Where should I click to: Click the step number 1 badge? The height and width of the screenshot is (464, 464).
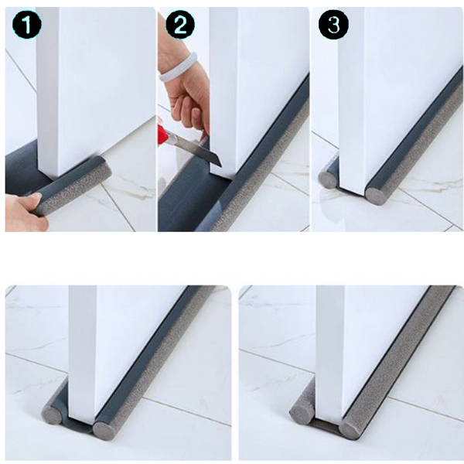(x=27, y=25)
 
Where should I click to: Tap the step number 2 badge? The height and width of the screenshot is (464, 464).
(x=180, y=25)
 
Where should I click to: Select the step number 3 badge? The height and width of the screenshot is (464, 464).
(x=333, y=25)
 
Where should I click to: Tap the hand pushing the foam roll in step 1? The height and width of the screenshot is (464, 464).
(x=26, y=209)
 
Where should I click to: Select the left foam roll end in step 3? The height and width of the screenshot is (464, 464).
(x=327, y=179)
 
